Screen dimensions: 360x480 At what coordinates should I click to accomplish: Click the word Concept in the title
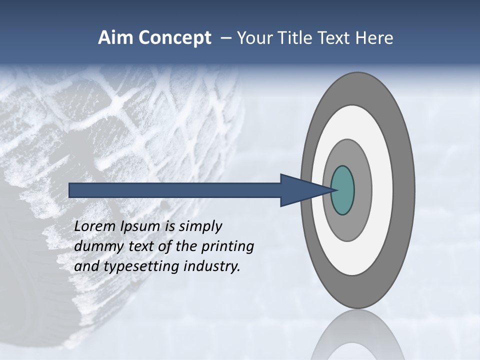[174, 38]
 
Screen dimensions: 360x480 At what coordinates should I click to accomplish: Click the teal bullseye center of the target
[342, 190]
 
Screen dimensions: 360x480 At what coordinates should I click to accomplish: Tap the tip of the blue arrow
[332, 190]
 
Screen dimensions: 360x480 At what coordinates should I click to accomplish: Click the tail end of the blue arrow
[70, 190]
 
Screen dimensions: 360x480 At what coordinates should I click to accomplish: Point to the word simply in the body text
[200, 226]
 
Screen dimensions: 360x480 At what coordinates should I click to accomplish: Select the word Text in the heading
[335, 38]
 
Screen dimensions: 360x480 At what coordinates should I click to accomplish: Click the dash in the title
[226, 38]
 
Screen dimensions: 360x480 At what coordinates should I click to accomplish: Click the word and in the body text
[86, 266]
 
